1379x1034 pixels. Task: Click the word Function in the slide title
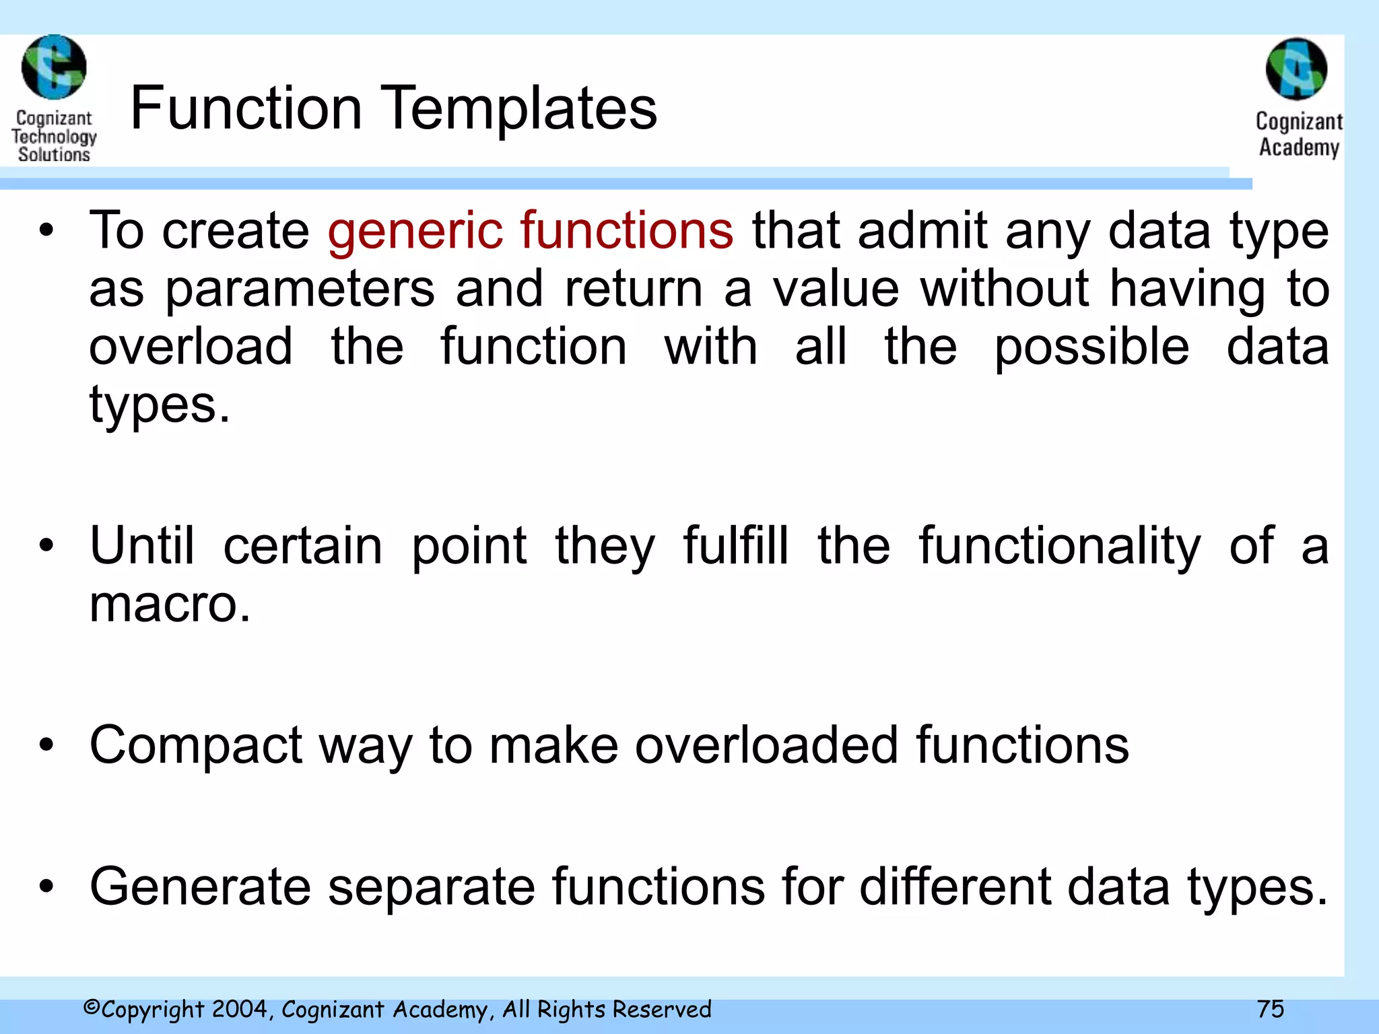(x=246, y=108)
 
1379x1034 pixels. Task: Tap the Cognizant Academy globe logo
(x=1296, y=69)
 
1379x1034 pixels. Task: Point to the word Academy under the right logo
(x=1299, y=147)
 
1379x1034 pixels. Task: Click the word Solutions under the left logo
(x=54, y=155)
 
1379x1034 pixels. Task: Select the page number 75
(x=1270, y=1008)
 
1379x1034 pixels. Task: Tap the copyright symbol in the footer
(x=92, y=1008)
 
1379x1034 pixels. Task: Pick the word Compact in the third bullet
(x=196, y=746)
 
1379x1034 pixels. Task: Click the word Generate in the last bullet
(x=200, y=887)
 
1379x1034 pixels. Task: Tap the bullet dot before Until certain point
(x=46, y=545)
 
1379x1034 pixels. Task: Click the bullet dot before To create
(x=46, y=230)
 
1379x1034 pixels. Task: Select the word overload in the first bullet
(x=191, y=346)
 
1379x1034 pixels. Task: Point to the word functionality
(x=1059, y=545)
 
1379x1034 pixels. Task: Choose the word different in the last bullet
(x=954, y=887)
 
